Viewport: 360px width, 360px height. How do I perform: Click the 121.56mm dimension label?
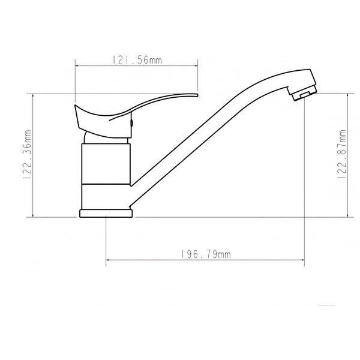[x=137, y=60]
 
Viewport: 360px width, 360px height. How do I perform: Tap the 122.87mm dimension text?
[x=343, y=154]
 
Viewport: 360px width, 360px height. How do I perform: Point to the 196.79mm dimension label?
[x=205, y=254]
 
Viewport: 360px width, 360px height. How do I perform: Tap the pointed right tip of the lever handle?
[x=196, y=94]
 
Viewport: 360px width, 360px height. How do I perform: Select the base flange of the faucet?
[x=106, y=212]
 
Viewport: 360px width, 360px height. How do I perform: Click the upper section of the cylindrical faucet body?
[x=106, y=162]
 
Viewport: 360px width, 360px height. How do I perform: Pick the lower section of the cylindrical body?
[x=106, y=194]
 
